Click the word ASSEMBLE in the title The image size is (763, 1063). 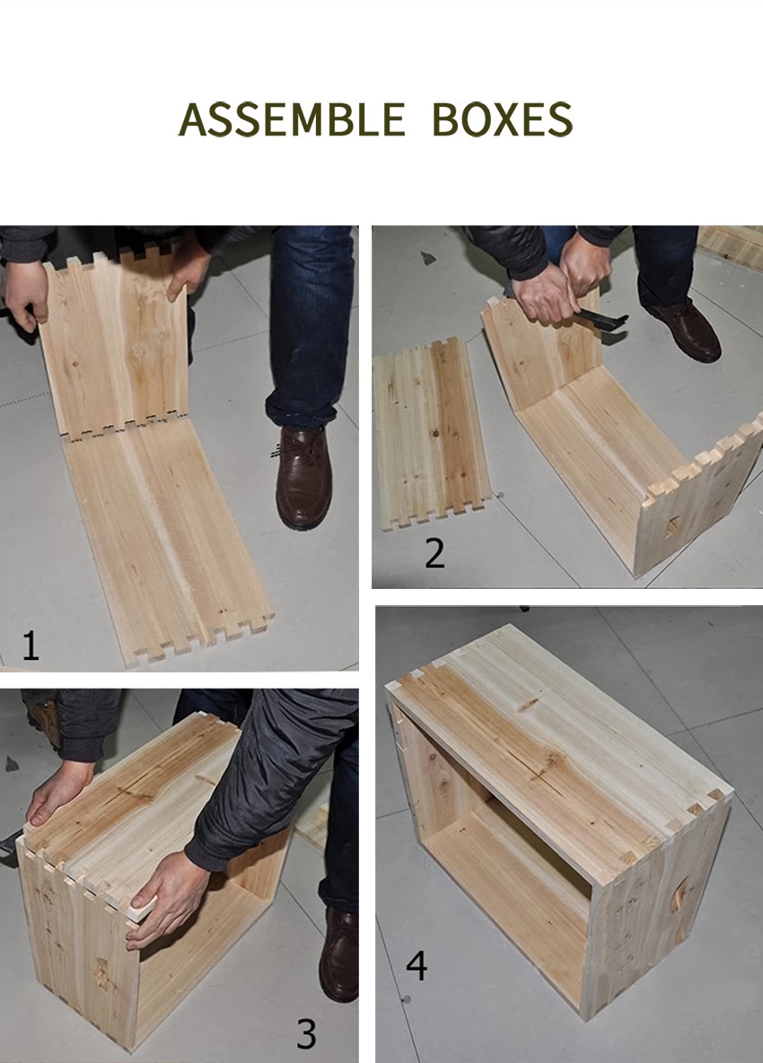pos(292,119)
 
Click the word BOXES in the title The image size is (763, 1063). pos(502,119)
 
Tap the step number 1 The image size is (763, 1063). pos(31,646)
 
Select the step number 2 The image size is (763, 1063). pos(434,553)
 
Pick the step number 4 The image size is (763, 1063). pos(417,966)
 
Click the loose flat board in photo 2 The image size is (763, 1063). pos(431,434)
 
